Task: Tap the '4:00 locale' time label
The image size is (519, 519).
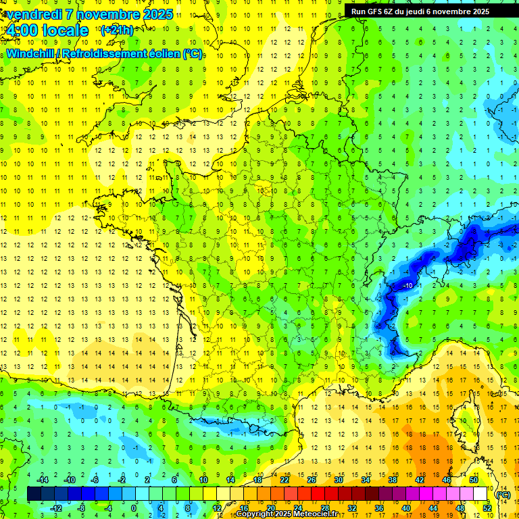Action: click(x=47, y=30)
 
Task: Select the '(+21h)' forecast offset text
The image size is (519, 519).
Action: click(x=117, y=30)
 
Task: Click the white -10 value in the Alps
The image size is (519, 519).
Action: click(x=408, y=286)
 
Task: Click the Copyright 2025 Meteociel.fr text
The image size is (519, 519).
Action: click(x=297, y=514)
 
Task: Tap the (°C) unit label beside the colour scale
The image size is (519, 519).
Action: click(x=503, y=494)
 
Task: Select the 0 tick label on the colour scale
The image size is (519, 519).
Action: click(x=134, y=508)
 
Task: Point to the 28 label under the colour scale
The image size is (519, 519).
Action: click(x=325, y=508)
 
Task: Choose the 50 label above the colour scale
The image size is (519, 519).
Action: click(x=473, y=480)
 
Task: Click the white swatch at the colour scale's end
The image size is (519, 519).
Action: click(x=480, y=494)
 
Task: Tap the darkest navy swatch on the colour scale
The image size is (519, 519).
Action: click(x=34, y=494)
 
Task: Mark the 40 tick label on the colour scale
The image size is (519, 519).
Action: click(x=406, y=508)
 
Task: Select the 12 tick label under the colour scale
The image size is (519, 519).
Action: click(x=216, y=508)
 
